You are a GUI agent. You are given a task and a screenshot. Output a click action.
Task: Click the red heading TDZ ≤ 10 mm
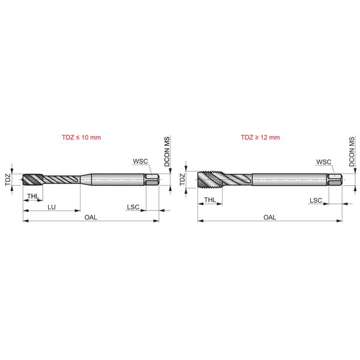click(x=81, y=137)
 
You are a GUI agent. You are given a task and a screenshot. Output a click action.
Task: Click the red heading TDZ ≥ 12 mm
click(x=260, y=137)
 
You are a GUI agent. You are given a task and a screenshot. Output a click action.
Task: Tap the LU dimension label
click(x=52, y=207)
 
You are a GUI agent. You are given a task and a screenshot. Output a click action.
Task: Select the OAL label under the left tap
click(x=91, y=217)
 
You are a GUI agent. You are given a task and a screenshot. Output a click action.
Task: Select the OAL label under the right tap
click(x=270, y=217)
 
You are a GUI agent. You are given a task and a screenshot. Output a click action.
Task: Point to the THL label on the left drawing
click(x=33, y=196)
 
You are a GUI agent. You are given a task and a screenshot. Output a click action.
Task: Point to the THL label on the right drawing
click(x=211, y=200)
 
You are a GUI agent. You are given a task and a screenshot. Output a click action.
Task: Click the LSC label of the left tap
click(x=133, y=207)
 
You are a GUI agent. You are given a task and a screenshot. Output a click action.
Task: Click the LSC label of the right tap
click(x=316, y=200)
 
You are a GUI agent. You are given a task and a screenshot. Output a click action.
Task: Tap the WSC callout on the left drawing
click(x=140, y=161)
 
